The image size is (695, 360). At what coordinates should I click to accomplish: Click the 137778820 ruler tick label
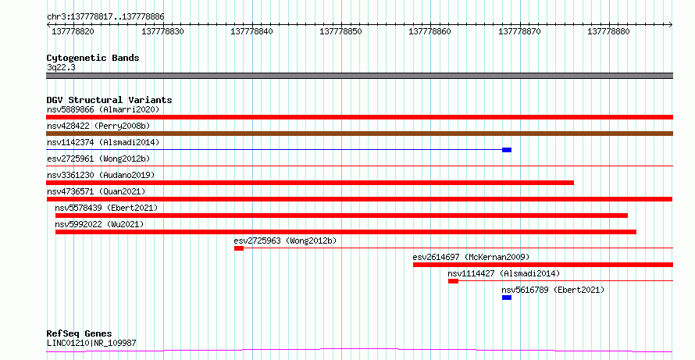pos(73,31)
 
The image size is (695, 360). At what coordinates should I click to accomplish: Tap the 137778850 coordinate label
pos(340,31)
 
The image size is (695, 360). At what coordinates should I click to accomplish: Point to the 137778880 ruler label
pos(608,31)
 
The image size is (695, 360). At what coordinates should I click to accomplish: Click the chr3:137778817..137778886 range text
pos(105,17)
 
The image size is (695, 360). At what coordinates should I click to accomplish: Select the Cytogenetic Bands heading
pos(93,58)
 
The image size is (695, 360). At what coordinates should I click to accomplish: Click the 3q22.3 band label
pos(61,68)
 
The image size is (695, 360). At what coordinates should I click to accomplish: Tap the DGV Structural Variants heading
pos(109,100)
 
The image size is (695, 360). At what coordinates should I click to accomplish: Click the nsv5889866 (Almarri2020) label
pos(103,109)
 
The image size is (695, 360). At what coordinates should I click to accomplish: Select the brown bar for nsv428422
pos(359,134)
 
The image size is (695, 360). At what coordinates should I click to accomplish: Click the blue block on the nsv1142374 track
pos(507,150)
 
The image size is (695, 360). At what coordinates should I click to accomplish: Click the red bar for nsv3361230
pos(310,183)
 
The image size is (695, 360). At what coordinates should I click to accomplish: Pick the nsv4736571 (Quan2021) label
pos(96,191)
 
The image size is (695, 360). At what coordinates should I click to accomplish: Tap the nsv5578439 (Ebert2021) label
pos(106,208)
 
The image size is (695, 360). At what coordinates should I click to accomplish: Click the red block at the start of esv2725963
pos(239,248)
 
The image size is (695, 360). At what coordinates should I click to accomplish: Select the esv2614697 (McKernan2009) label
pos(471,257)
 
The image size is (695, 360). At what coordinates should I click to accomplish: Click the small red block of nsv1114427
pos(453,281)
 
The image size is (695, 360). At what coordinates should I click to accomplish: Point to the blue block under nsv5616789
pos(507,298)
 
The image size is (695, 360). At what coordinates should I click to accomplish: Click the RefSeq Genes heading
pos(80,333)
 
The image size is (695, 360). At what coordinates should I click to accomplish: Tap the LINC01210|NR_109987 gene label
pos(91,343)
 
